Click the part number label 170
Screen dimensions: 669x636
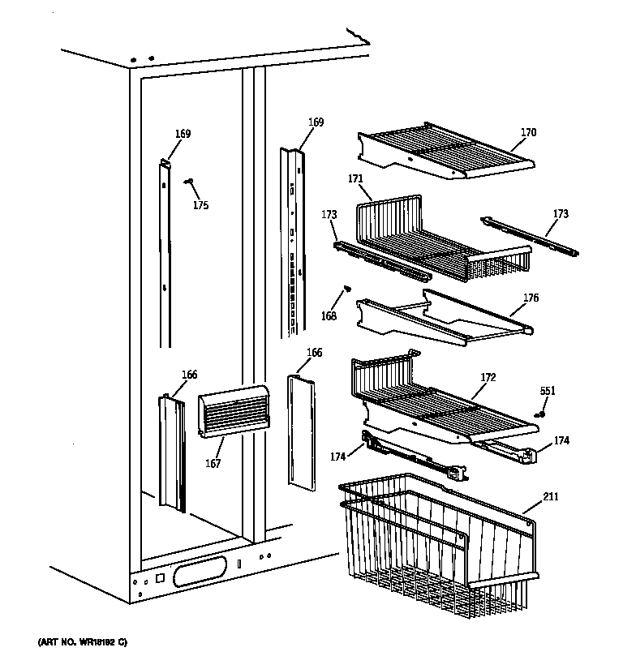528,132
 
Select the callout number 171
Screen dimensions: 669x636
355,178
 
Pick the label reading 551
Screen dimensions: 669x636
548,392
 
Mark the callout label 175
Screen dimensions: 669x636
200,205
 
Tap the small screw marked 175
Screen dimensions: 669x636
188,182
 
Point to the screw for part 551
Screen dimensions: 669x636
538,413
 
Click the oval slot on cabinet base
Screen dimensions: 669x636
199,576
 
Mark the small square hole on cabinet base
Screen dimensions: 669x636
159,579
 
